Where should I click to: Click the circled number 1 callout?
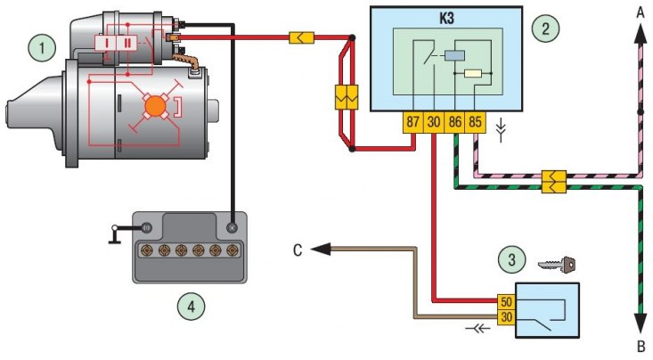(42, 47)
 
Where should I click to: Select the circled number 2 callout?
(545, 29)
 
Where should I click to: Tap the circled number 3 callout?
(512, 259)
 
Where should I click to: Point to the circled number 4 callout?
(192, 307)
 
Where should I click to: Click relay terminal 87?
(412, 122)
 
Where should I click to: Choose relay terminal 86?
(454, 122)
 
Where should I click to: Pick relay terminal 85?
(475, 122)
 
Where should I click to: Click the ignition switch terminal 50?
(506, 302)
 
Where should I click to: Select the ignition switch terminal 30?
(506, 317)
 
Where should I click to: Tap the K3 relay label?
(446, 19)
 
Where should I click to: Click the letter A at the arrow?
(641, 13)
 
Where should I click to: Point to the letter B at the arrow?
(641, 347)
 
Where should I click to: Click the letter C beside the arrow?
(298, 250)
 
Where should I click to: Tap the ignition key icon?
(557, 265)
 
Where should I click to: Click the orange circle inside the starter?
(155, 106)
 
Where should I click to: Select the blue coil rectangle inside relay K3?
(454, 55)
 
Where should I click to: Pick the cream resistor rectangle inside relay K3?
(473, 74)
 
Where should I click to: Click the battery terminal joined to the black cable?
(232, 227)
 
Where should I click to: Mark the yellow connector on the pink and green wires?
(554, 182)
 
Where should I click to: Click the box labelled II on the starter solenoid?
(127, 43)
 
